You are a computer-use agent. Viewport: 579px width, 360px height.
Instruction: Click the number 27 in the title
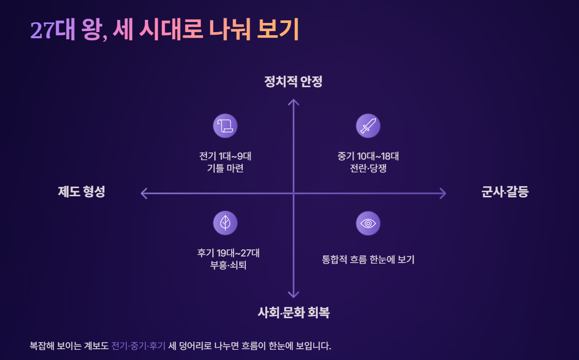[42, 31]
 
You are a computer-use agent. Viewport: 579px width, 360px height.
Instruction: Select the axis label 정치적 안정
[293, 82]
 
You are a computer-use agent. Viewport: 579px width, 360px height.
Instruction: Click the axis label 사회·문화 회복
[293, 313]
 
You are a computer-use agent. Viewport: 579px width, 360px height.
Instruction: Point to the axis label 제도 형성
[82, 192]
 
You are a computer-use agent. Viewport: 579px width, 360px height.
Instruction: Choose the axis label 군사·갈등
[505, 192]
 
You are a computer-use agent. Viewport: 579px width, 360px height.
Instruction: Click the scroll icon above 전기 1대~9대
[225, 125]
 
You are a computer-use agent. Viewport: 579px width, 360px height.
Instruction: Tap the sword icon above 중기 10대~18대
[368, 125]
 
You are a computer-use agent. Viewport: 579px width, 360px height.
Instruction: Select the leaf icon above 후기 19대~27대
[225, 223]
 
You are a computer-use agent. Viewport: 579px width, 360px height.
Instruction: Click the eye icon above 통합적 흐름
[368, 223]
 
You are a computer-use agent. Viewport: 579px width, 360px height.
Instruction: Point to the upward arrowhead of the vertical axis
[293, 101]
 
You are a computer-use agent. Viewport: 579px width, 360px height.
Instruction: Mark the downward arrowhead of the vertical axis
[293, 294]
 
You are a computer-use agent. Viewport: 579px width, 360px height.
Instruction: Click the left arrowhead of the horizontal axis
[143, 193]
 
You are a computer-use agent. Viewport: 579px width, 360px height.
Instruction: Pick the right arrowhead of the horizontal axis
[443, 193]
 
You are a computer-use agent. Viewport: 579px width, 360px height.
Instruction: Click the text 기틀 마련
[225, 168]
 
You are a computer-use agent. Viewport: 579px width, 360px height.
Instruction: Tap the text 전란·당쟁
[368, 168]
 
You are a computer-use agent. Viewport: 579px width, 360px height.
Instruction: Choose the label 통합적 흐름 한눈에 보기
[368, 260]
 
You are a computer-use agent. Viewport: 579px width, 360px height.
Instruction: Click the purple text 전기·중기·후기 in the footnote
[138, 346]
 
